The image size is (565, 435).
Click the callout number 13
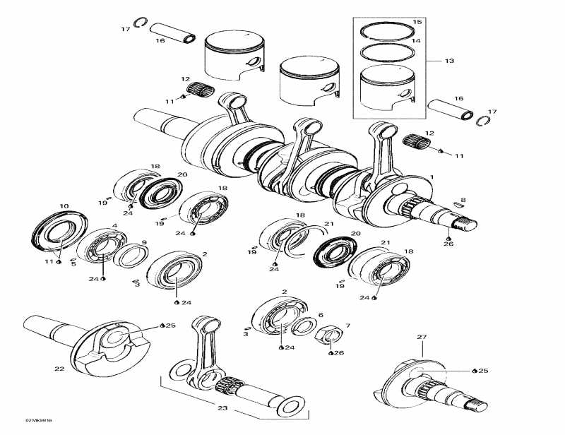tap(449, 61)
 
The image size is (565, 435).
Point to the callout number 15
tap(417, 23)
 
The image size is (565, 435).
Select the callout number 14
tap(417, 42)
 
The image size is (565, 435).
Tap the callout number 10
tap(64, 206)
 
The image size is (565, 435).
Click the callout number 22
tap(59, 368)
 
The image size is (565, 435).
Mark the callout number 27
tap(422, 338)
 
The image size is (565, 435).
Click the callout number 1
tap(432, 175)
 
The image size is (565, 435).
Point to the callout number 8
tap(463, 201)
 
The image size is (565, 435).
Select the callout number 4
tap(114, 226)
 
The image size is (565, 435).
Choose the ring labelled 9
tap(126, 255)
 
